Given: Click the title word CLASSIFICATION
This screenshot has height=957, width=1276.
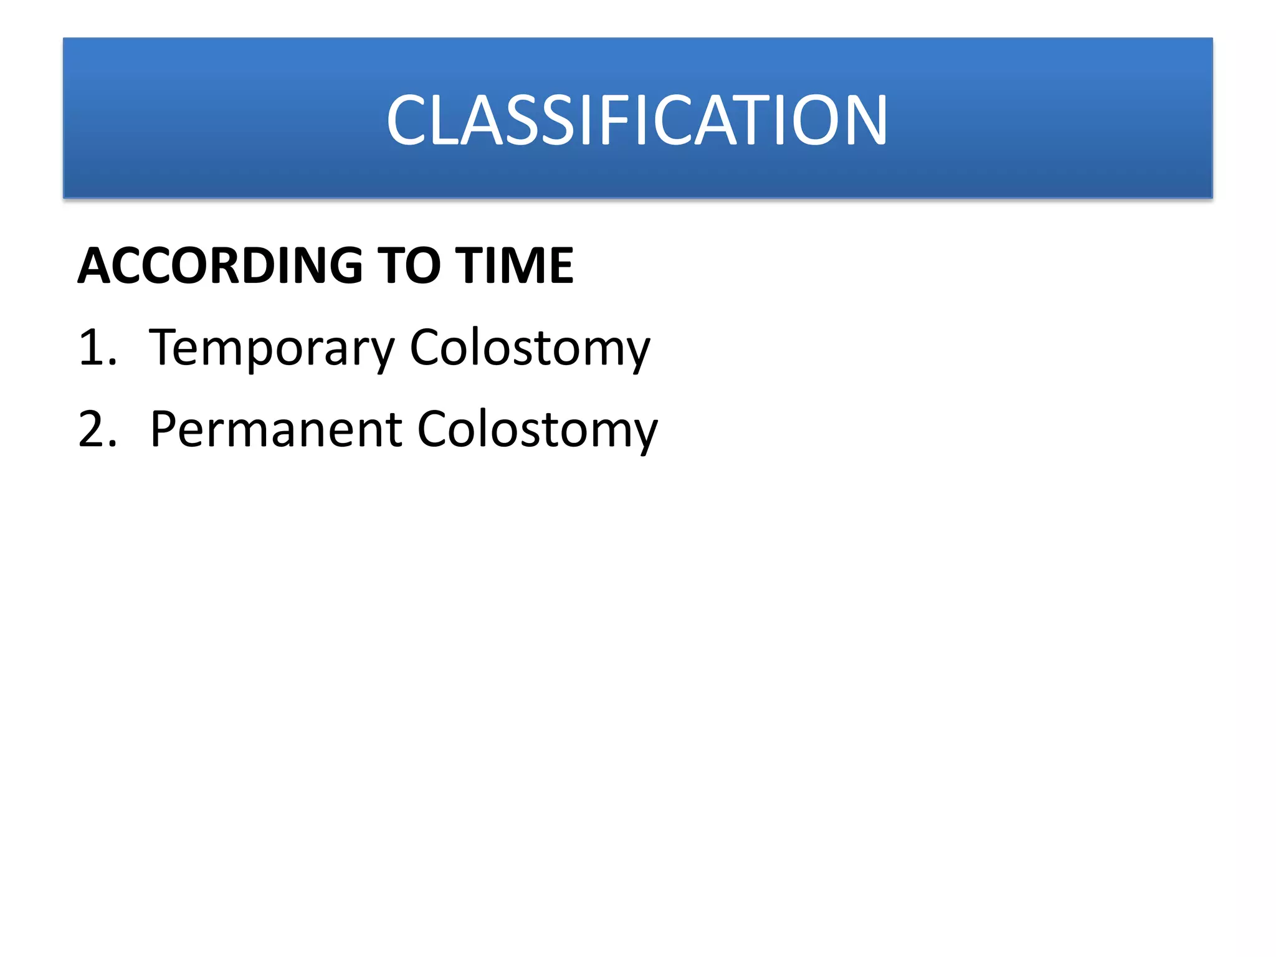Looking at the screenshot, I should [x=637, y=120].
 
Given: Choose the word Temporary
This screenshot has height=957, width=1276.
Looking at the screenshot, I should [x=272, y=348].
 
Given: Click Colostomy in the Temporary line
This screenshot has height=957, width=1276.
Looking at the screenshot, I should [x=530, y=348].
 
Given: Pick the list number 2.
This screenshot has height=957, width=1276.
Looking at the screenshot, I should [x=97, y=429].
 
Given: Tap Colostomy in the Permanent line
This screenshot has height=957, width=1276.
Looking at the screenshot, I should [x=537, y=429].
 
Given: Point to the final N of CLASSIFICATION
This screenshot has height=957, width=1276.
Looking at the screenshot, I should [x=864, y=120].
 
